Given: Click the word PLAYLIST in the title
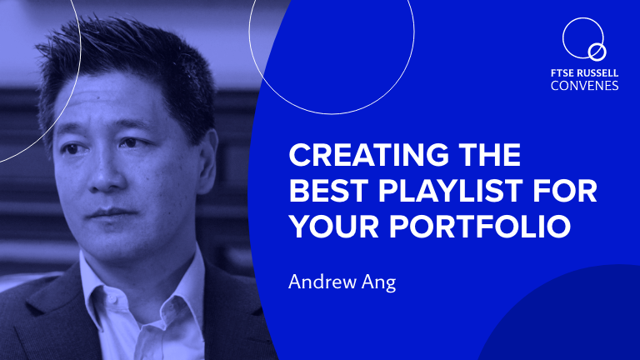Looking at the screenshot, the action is pos(450,190).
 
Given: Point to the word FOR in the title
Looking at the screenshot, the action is pos(565,190).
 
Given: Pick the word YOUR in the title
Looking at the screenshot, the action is pos(334,226).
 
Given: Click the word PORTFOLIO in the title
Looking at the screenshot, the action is pos(480,226).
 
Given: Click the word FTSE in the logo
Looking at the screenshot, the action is pos(562,73).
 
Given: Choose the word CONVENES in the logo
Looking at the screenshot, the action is pos(584,86).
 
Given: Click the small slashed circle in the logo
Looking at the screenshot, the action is pos(597,52).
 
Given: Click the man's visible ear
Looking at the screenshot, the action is pos(207,162).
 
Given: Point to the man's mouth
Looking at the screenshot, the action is pos(110,213).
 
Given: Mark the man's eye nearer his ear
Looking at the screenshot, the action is pos(130,142).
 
